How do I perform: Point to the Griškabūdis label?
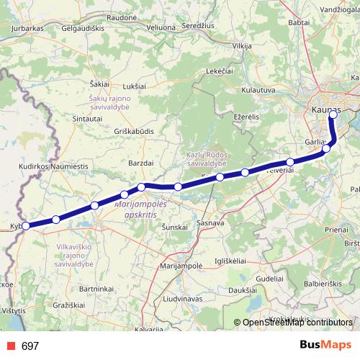point(135,132)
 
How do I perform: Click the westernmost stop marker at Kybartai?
point(26,226)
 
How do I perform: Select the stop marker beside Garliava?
point(327,148)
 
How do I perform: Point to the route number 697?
point(30,346)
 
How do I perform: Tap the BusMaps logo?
point(325,345)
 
